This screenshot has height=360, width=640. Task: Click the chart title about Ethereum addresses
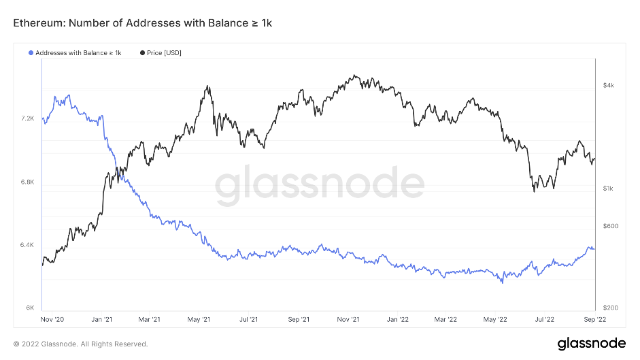143,24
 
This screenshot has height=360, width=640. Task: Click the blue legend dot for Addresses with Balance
31,52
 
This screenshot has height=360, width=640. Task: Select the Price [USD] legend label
164,52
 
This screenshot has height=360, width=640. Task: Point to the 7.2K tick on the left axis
27,118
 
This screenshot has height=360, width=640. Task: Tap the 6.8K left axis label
27,182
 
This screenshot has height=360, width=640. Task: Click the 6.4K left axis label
27,245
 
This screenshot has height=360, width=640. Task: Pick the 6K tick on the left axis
31,308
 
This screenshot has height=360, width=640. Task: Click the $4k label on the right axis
608,85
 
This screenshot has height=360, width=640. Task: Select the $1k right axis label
608,189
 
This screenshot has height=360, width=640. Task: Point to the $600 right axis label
610,227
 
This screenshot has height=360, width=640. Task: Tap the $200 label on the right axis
610,308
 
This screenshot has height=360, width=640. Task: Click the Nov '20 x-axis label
52,318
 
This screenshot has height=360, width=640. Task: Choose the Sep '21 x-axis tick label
299,318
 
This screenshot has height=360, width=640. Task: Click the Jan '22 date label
397,318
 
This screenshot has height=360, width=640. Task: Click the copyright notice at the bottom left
80,344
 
